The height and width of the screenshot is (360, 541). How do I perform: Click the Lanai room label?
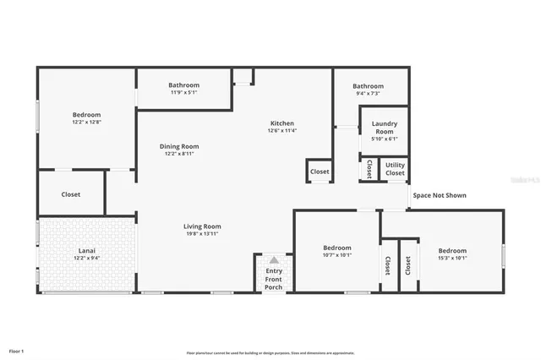point(86,250)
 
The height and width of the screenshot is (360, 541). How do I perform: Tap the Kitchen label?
point(281,123)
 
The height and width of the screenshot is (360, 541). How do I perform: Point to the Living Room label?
point(202,226)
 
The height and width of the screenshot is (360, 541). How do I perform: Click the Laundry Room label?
point(384,128)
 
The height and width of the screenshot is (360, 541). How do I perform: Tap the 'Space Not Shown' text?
point(439,195)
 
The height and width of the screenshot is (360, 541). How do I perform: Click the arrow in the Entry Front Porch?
point(274,260)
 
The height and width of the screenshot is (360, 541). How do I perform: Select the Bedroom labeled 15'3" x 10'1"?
point(452,250)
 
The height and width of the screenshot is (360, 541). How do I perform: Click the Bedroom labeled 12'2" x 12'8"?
point(86,115)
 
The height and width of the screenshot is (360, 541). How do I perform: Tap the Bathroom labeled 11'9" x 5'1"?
point(183,85)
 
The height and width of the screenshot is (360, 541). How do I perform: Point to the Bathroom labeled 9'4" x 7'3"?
point(368,86)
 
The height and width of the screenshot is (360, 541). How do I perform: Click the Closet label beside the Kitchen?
point(320,172)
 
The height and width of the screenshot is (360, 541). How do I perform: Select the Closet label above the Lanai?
point(71,194)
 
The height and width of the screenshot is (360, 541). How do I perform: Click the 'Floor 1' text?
point(17,350)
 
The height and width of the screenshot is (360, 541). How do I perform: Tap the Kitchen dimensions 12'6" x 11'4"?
point(281,131)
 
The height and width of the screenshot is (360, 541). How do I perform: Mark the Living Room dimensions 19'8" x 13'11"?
point(202,233)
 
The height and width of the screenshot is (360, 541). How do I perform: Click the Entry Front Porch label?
point(274,279)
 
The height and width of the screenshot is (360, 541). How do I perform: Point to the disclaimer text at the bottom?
point(270,352)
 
